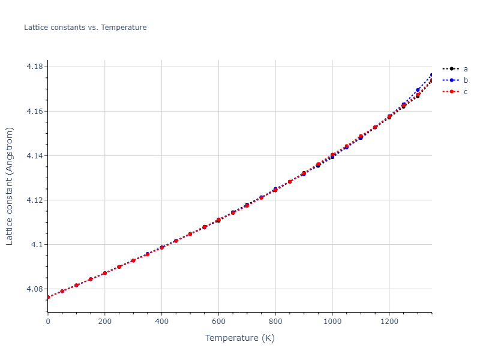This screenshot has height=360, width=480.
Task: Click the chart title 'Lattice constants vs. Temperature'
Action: click(x=85, y=28)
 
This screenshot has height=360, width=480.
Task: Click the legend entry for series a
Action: click(x=465, y=69)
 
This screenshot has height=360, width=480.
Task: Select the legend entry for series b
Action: click(x=465, y=80)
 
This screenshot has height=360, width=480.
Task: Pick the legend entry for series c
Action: click(x=465, y=92)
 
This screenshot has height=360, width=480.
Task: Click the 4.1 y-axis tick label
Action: click(x=37, y=245)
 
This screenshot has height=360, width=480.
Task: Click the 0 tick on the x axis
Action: click(x=48, y=322)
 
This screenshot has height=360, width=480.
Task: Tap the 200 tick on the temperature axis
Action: click(x=105, y=322)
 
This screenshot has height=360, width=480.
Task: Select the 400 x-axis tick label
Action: click(x=162, y=322)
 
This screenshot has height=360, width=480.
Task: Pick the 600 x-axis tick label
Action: click(x=218, y=322)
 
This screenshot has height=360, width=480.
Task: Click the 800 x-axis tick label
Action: click(x=275, y=322)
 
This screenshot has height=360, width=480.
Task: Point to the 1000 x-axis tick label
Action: click(x=332, y=322)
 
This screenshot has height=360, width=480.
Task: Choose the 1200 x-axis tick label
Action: click(x=389, y=322)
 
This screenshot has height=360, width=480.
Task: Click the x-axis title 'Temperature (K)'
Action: click(x=239, y=338)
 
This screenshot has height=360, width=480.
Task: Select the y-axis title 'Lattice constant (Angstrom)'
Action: click(x=10, y=186)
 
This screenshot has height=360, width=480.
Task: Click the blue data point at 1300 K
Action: click(x=418, y=91)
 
